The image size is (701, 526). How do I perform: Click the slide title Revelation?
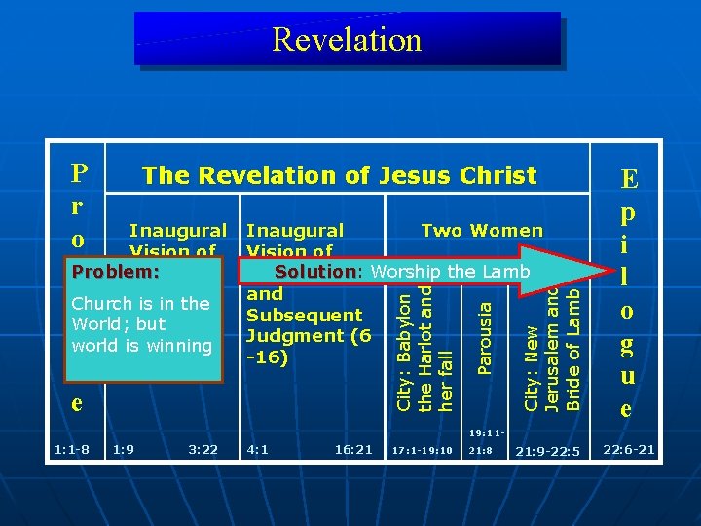347,39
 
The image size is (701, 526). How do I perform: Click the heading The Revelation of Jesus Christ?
339,175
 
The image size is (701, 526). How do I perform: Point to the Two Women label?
482,231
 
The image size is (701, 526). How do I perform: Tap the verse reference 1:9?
124,450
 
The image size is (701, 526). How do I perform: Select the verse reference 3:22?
203,450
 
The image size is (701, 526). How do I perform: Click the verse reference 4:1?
258,450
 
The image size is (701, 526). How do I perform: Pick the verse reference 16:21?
352,450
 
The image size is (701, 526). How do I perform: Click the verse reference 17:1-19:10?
422,451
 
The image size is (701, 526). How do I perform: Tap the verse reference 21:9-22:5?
546,451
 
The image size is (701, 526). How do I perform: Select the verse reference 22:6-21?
629,450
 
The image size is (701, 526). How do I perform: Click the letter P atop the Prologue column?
81,173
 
